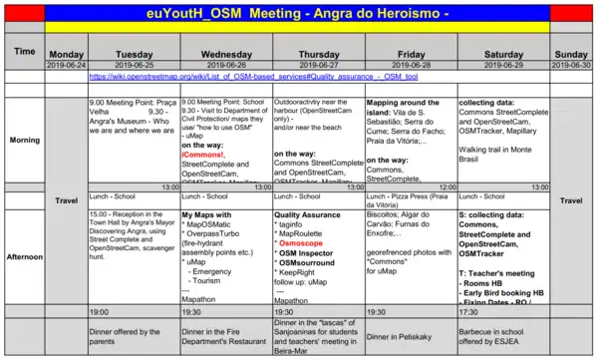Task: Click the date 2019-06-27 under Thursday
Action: (x=318, y=64)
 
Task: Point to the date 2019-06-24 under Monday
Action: (x=66, y=64)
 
